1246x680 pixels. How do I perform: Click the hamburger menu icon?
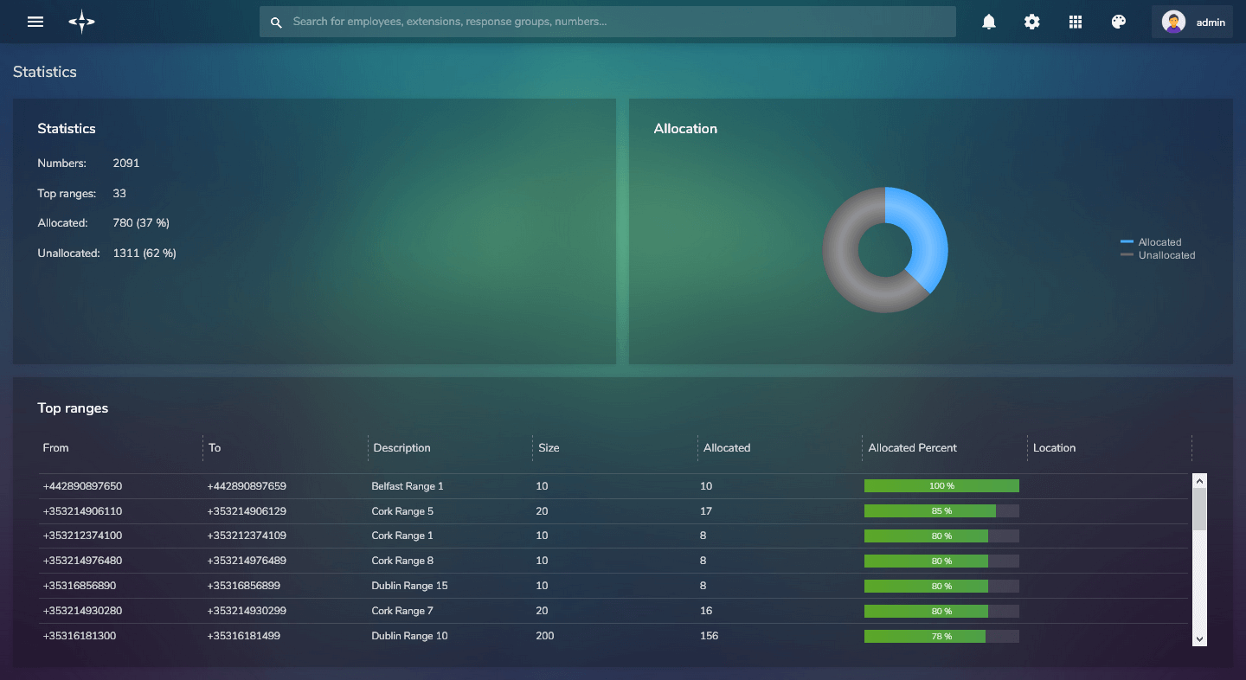(x=35, y=22)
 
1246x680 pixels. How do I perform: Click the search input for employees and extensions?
(x=606, y=22)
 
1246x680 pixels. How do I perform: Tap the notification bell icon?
(x=989, y=22)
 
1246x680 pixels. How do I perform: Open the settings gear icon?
(x=1032, y=22)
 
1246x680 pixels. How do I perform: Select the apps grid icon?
(x=1076, y=22)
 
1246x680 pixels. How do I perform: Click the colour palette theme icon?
(x=1119, y=22)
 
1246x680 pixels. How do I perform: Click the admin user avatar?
(x=1173, y=22)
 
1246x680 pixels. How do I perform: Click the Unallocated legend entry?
(x=1166, y=255)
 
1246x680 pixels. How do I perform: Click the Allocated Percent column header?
(x=912, y=448)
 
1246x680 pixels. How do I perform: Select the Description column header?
(x=401, y=448)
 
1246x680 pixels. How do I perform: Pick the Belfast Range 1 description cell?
(x=407, y=486)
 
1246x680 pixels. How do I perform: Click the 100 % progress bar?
(x=941, y=486)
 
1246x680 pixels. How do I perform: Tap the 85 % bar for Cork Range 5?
(x=941, y=511)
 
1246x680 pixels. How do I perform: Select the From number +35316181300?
(x=79, y=636)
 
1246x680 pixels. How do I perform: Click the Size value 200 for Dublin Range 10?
(x=545, y=636)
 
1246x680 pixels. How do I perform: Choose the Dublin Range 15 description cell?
(x=409, y=586)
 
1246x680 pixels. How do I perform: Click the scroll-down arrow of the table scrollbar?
(x=1199, y=638)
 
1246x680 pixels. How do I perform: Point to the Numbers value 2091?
(x=126, y=164)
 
